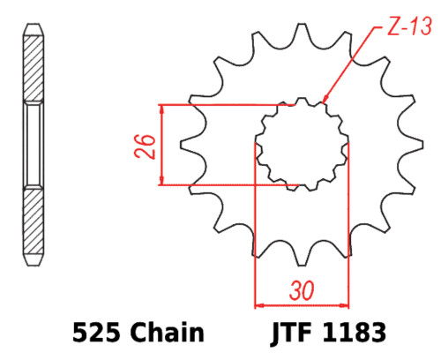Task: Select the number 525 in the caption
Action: point(95,334)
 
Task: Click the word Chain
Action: point(168,334)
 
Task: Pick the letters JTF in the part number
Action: point(289,334)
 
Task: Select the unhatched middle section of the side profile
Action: point(32,145)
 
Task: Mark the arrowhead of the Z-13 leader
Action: point(324,100)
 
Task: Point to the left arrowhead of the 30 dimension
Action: point(259,304)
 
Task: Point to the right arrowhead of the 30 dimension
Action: point(343,304)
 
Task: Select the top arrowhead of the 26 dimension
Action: point(162,109)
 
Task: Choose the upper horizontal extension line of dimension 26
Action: point(220,104)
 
